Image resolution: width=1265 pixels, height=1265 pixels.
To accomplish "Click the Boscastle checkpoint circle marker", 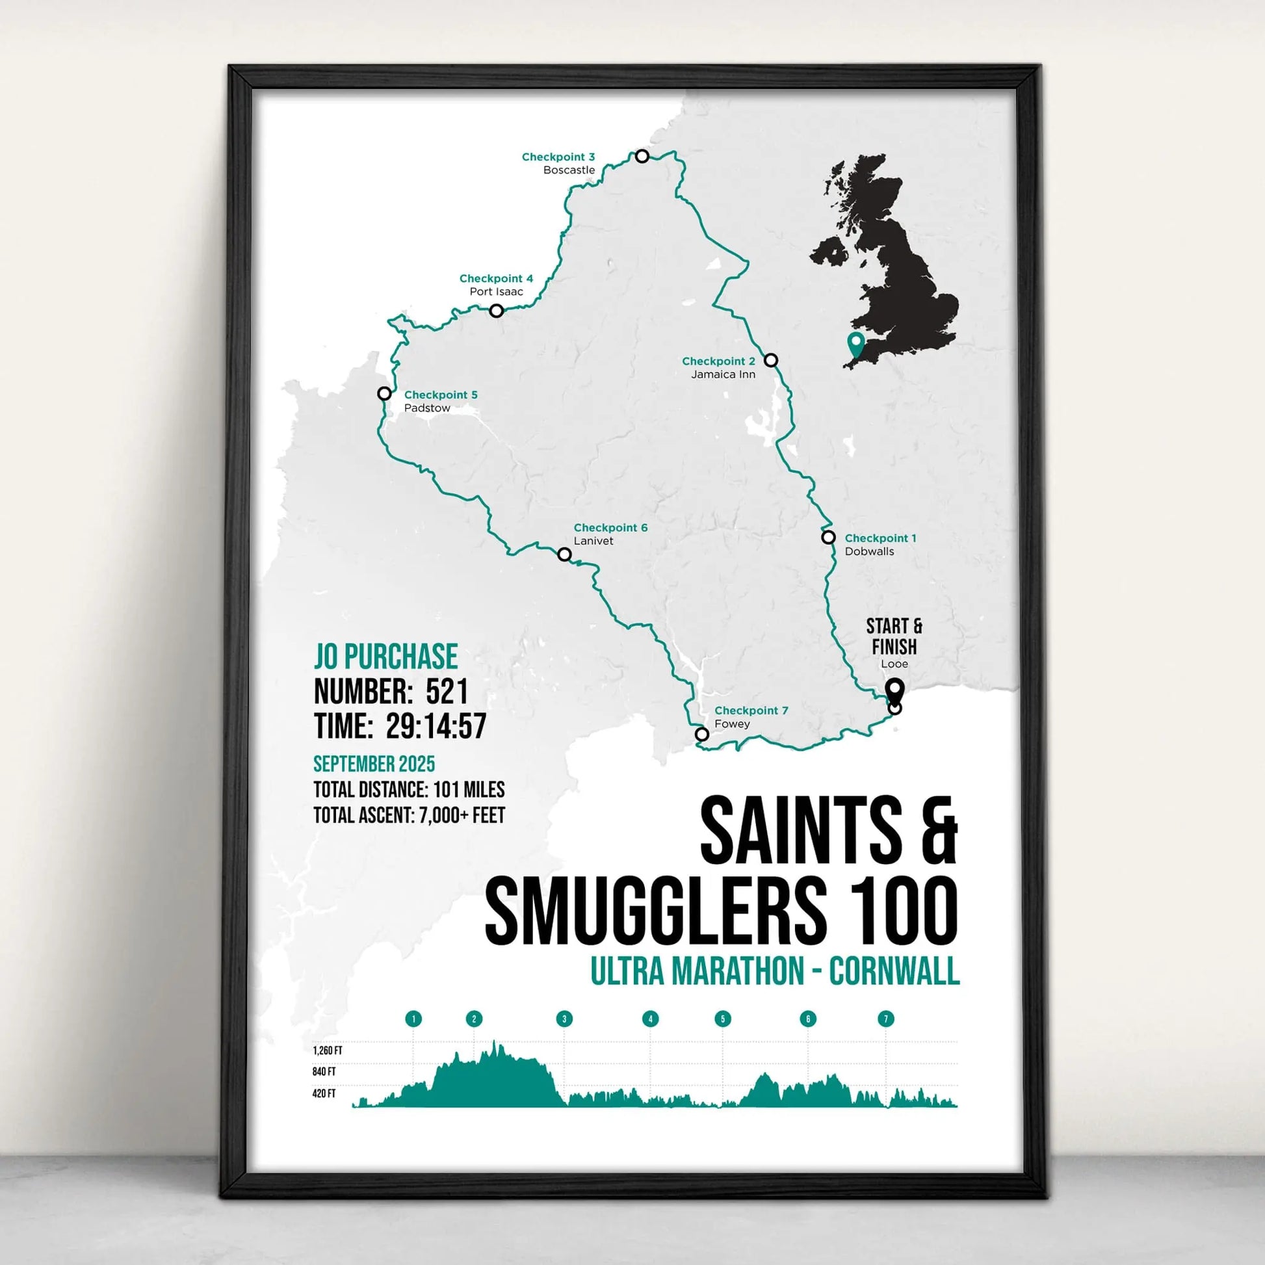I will click(642, 156).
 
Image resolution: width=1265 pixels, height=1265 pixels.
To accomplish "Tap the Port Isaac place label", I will click(496, 292).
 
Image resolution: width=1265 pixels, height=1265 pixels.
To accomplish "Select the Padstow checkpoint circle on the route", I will click(384, 393).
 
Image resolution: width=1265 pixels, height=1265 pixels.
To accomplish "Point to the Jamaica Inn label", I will click(723, 374).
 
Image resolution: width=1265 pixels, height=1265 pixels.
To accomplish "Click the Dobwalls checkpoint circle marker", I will click(828, 538).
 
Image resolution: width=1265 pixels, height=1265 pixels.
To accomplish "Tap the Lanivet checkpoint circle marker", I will click(564, 554).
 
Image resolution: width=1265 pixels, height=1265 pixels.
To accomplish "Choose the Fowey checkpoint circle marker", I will click(702, 734).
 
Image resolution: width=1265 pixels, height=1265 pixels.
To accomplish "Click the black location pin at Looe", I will click(894, 690).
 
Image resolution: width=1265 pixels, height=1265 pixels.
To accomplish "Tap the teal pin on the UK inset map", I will click(855, 343).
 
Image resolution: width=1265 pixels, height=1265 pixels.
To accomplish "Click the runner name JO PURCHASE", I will click(385, 657).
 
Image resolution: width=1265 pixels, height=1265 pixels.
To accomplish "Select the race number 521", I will click(447, 692).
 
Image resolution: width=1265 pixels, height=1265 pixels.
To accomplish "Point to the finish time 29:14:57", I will click(436, 726).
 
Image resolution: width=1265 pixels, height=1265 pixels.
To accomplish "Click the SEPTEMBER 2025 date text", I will click(374, 764).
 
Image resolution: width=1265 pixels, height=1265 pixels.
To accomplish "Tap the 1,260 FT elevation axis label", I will click(328, 1051).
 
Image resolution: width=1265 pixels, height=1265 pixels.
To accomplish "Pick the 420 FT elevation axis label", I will click(324, 1093).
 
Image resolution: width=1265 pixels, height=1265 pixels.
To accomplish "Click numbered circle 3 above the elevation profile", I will click(564, 1019).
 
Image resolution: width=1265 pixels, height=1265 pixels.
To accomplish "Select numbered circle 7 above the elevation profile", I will click(886, 1019).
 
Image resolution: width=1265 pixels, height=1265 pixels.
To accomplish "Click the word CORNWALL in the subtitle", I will click(894, 972).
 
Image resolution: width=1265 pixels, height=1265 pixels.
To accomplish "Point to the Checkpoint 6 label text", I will click(610, 528).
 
